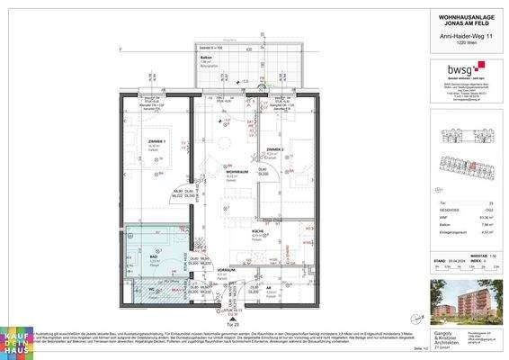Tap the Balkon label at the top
click(x=205, y=56)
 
